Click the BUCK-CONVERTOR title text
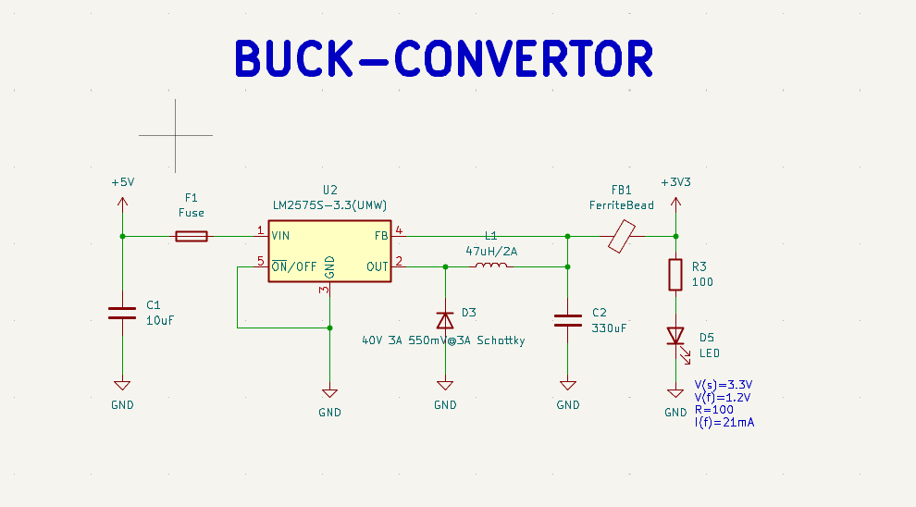tap(444, 59)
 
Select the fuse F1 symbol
tap(192, 236)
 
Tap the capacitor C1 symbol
tap(121, 313)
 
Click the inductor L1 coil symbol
tap(490, 266)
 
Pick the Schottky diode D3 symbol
tap(445, 320)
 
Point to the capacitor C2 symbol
tap(567, 320)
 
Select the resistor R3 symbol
tap(675, 275)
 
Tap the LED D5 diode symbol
tap(675, 336)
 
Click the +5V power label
tap(122, 182)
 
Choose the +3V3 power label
tap(675, 182)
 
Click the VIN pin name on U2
tap(280, 236)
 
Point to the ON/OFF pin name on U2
tap(293, 266)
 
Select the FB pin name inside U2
tap(380, 236)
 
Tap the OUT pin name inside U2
tap(377, 266)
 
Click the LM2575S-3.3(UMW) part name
tap(329, 204)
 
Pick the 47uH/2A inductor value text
tap(490, 251)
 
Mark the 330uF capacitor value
tap(608, 328)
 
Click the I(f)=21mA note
tap(724, 422)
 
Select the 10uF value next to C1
tap(160, 320)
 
